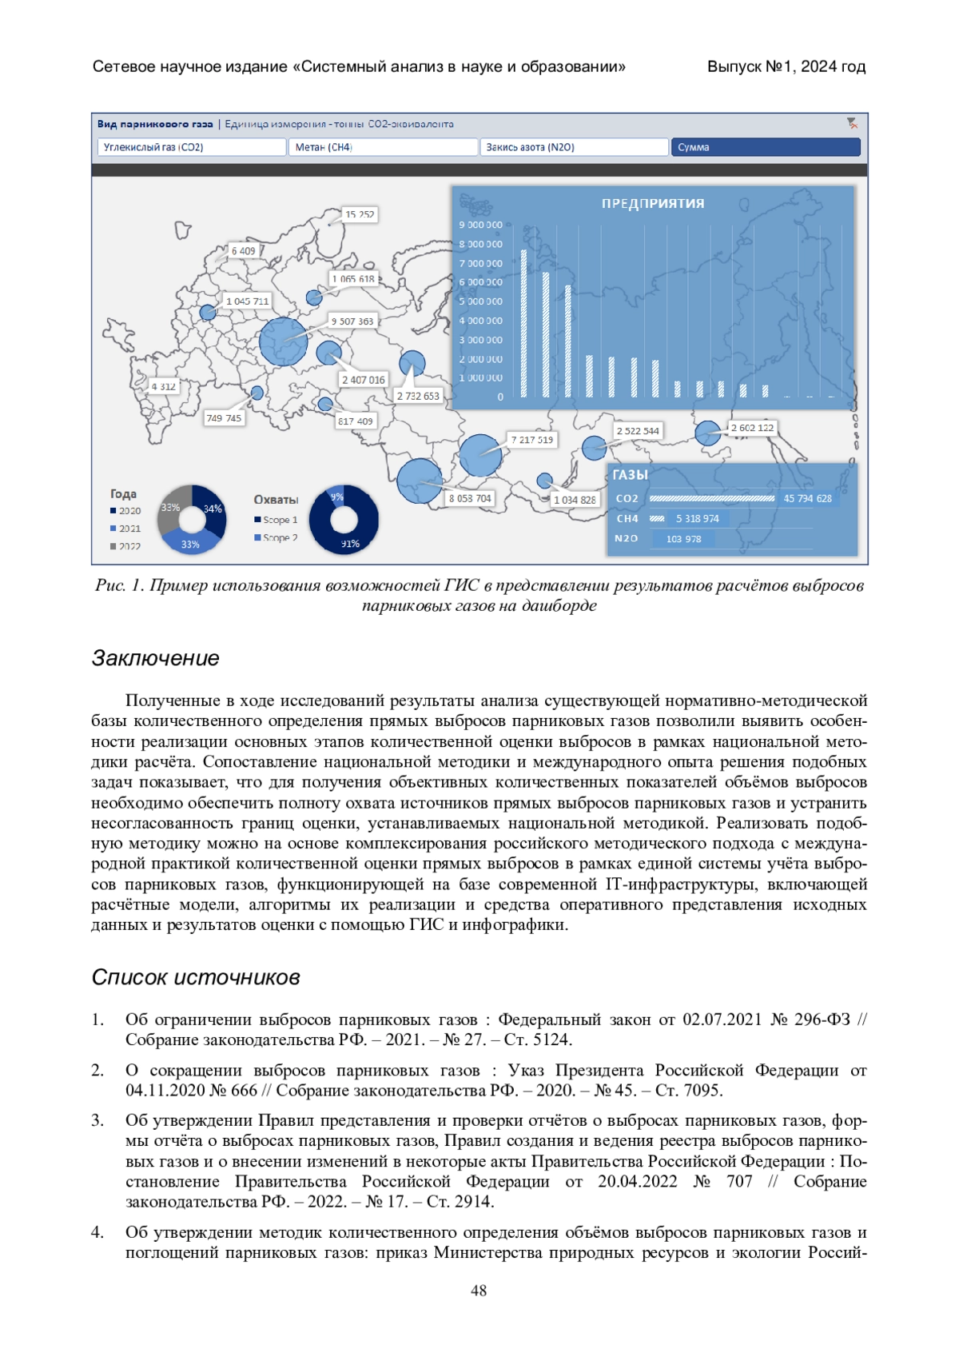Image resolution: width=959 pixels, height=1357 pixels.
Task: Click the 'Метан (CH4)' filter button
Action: click(x=382, y=147)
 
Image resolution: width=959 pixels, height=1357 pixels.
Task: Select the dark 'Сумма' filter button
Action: click(x=765, y=147)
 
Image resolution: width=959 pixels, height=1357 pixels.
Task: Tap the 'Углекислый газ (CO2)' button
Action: click(x=192, y=147)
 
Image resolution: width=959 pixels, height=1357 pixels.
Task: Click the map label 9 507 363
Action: click(x=352, y=321)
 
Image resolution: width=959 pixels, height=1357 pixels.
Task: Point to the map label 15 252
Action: click(x=360, y=214)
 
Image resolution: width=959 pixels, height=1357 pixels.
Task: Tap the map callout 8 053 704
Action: click(x=470, y=498)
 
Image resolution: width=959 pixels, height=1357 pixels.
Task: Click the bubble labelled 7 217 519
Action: click(x=480, y=455)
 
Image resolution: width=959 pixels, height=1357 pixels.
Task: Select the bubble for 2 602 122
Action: click(x=707, y=433)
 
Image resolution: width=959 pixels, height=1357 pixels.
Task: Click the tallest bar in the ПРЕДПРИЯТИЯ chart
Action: click(x=524, y=324)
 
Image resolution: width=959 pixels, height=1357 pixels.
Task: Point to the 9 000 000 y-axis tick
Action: click(x=480, y=226)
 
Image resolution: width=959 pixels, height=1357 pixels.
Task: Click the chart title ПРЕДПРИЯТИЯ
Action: click(x=653, y=204)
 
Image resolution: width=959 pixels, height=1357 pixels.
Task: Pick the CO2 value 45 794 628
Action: click(x=807, y=498)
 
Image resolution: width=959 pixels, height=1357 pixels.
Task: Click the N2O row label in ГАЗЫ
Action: click(x=626, y=538)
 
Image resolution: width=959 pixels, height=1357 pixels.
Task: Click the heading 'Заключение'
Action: click(x=156, y=658)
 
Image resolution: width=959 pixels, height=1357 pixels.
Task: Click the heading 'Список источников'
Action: click(x=196, y=977)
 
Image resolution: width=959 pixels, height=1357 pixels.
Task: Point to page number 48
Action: click(x=479, y=1291)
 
